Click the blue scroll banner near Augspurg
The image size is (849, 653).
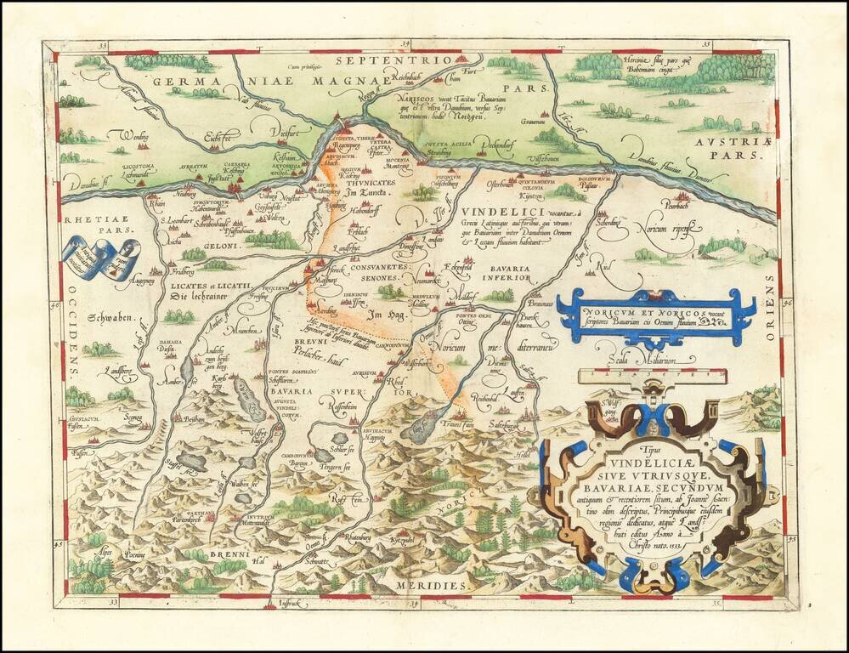click(x=100, y=258)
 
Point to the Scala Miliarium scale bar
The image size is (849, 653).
click(x=650, y=373)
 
